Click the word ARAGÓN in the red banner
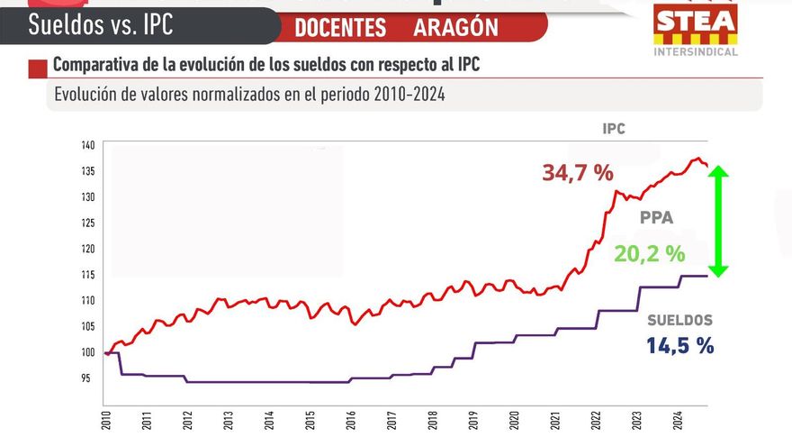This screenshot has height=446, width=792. click(455, 27)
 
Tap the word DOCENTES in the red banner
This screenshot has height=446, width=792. click(339, 27)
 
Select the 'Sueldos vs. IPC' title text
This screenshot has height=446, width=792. click(100, 24)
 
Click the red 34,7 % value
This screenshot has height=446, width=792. click(577, 172)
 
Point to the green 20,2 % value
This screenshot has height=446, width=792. click(649, 254)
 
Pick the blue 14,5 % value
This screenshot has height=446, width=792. click(679, 345)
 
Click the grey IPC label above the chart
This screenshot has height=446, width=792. click(613, 129)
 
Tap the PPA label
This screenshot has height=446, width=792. click(656, 218)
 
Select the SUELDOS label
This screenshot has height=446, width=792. click(679, 320)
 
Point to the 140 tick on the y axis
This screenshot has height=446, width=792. click(87, 145)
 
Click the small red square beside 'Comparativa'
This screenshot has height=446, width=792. click(37, 68)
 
